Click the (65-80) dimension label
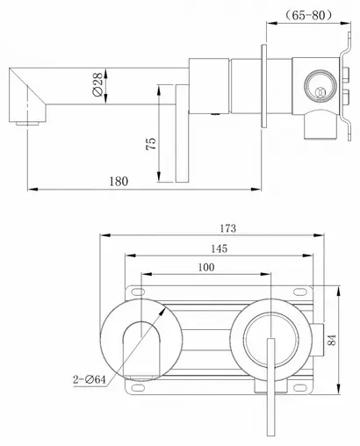pyautogui.click(x=308, y=15)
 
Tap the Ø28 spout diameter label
pyautogui.click(x=97, y=84)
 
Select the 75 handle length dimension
pyautogui.click(x=151, y=144)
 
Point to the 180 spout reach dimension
pyautogui.click(x=119, y=182)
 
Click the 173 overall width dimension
pyautogui.click(x=227, y=228)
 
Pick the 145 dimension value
pyautogui.click(x=219, y=248)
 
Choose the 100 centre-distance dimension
pyautogui.click(x=206, y=267)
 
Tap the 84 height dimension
pyautogui.click(x=332, y=340)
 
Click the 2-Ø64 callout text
pyautogui.click(x=90, y=379)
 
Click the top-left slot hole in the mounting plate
pyautogui.click(x=138, y=291)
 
